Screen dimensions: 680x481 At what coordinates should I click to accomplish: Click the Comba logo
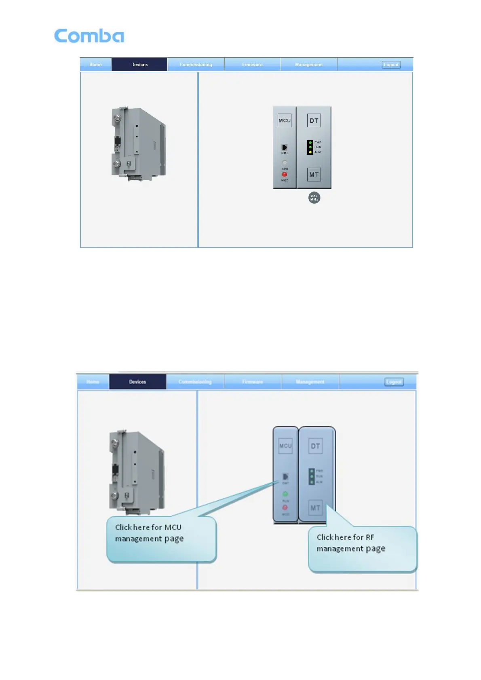click(x=89, y=36)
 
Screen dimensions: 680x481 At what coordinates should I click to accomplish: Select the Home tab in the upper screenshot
click(x=95, y=65)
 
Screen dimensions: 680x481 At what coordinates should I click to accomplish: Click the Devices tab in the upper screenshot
click(x=139, y=65)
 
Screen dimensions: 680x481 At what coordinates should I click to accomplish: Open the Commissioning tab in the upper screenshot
click(x=196, y=65)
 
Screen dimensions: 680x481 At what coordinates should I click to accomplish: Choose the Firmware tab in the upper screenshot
click(x=252, y=65)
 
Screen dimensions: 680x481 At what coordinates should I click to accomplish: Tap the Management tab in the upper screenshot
click(x=309, y=65)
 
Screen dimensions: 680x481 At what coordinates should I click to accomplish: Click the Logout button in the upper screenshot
click(x=391, y=65)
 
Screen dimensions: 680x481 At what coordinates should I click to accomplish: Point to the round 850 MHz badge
click(x=314, y=198)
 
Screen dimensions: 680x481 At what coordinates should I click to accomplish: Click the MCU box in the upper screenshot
click(x=285, y=120)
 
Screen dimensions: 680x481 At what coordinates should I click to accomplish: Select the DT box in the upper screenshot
click(x=314, y=120)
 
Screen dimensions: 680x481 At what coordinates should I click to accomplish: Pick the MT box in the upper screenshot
click(x=314, y=175)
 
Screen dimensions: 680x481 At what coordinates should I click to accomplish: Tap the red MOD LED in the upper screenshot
click(x=285, y=175)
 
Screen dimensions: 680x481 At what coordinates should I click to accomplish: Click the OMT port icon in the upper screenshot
click(x=285, y=147)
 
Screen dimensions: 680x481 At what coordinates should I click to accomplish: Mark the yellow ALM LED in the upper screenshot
click(x=310, y=152)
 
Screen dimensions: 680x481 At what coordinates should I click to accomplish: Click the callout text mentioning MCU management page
click(x=149, y=533)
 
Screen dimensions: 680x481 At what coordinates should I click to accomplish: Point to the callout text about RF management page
click(x=350, y=543)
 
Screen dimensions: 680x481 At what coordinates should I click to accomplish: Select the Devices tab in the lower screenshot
click(x=137, y=382)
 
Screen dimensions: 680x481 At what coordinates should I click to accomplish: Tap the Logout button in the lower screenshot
click(x=394, y=382)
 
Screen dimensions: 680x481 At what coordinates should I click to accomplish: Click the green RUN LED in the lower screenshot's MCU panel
click(x=285, y=494)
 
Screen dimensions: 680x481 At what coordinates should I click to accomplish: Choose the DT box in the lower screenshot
click(x=315, y=446)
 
